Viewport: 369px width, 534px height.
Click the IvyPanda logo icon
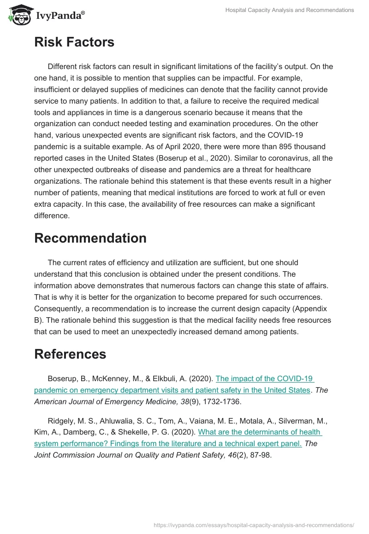click(19, 15)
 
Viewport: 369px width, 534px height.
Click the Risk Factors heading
click(74, 42)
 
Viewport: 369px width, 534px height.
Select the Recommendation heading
click(90, 238)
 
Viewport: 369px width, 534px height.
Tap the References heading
click(70, 354)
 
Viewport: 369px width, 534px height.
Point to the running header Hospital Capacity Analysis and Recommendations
click(289, 10)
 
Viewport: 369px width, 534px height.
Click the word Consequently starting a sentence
click(58, 309)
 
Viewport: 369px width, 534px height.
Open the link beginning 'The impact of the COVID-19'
click(264, 379)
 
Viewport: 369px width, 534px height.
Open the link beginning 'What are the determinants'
click(260, 432)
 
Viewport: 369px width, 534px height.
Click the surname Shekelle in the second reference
click(156, 432)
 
